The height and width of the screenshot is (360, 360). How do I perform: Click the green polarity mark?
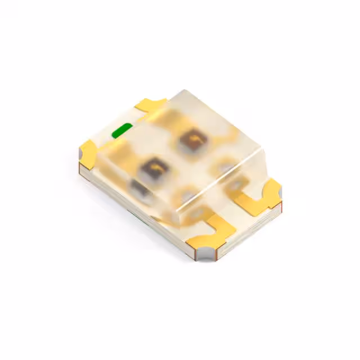click(x=122, y=132)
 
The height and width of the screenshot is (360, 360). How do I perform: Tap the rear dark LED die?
click(x=192, y=139)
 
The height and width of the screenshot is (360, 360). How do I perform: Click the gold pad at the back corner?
click(x=151, y=105)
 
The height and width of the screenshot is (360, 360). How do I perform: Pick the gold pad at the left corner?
click(x=89, y=152)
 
